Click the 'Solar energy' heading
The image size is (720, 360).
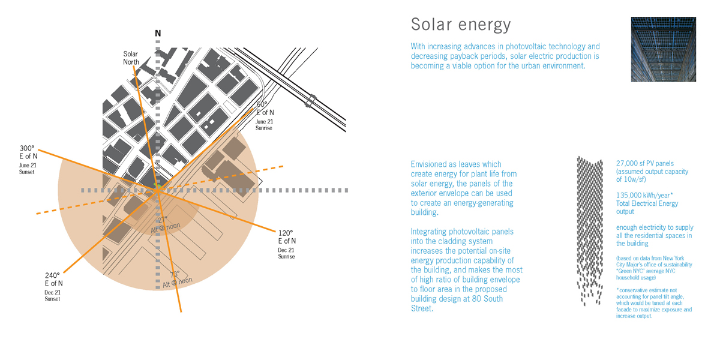461,25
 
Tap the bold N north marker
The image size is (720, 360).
158,34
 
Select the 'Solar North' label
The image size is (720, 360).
131,58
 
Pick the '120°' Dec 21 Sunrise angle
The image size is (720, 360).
286,233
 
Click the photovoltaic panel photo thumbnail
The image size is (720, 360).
662,49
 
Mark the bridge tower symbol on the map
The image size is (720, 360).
311,100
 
